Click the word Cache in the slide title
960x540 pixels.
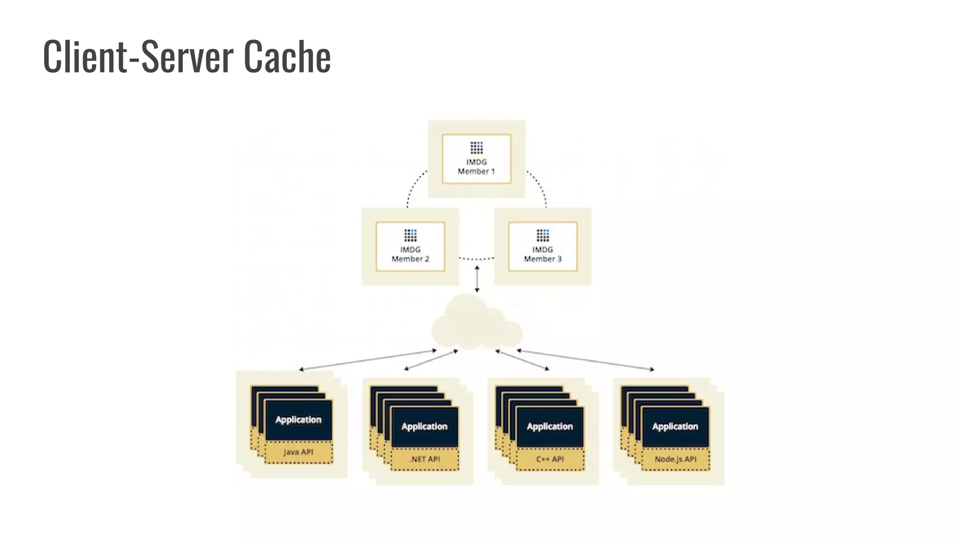point(287,57)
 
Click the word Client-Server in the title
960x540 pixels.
point(138,57)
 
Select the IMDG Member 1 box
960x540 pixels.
point(476,159)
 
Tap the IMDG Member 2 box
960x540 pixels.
point(410,247)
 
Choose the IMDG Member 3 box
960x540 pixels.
point(542,247)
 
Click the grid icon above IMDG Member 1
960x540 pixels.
point(476,148)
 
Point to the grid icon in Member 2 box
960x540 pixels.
point(410,235)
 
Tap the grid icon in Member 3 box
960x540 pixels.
point(542,235)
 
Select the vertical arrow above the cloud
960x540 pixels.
point(477,279)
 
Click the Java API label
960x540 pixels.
point(298,452)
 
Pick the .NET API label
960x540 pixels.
point(425,459)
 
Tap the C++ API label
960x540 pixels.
point(550,459)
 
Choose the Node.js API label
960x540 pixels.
point(675,459)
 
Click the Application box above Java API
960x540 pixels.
point(299,420)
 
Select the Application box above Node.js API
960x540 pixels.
point(675,427)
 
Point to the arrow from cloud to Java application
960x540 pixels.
point(368,360)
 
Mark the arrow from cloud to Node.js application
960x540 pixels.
point(585,360)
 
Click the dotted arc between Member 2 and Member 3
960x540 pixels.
point(476,259)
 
